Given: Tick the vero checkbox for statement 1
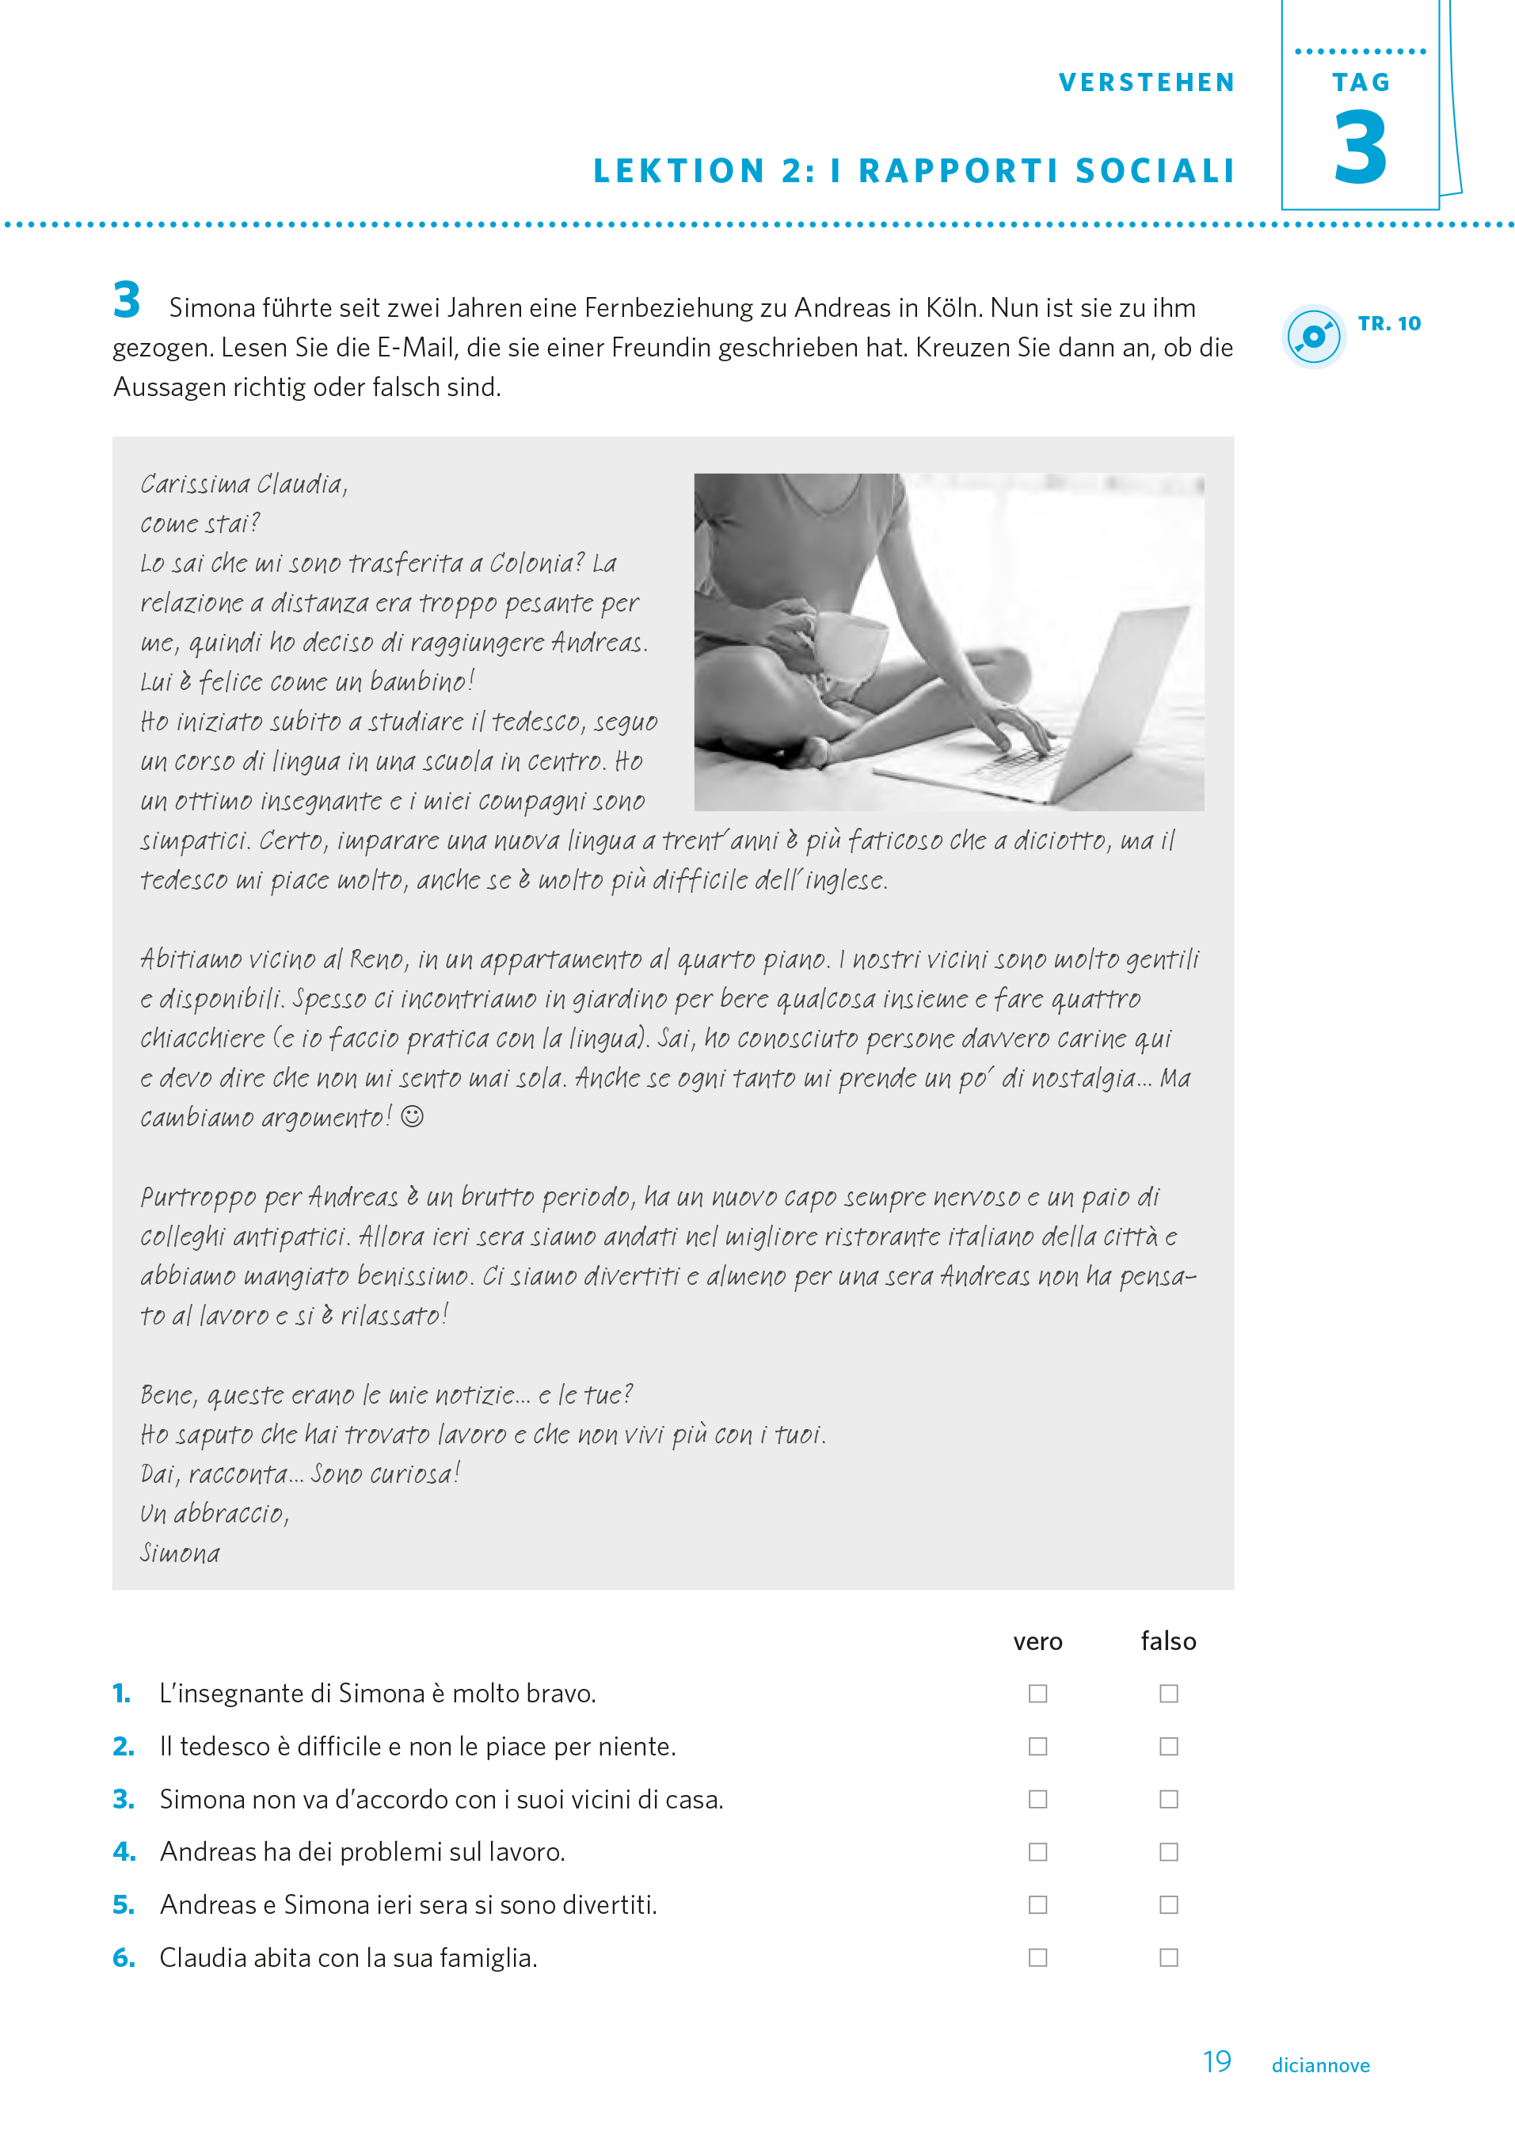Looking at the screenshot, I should pyautogui.click(x=1037, y=1694).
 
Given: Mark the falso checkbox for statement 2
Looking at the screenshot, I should pyautogui.click(x=1168, y=1747).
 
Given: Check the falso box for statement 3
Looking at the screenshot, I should pyautogui.click(x=1168, y=1799).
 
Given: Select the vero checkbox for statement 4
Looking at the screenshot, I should pyautogui.click(x=1037, y=1852).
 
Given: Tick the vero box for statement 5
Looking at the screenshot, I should pyautogui.click(x=1037, y=1904).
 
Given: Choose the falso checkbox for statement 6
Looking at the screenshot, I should pyautogui.click(x=1168, y=1957).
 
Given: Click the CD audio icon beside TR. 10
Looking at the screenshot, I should pyautogui.click(x=1314, y=336).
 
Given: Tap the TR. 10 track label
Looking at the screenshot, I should pyautogui.click(x=1389, y=324).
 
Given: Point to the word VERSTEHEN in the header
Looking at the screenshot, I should pyautogui.click(x=1147, y=83).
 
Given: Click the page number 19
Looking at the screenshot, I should pyautogui.click(x=1216, y=2062).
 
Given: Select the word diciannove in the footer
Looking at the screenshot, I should pyautogui.click(x=1320, y=2065).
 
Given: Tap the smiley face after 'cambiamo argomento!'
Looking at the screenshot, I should pyautogui.click(x=413, y=1116).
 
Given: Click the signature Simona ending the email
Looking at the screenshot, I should pyautogui.click(x=180, y=1553).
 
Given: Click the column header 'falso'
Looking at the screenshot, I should pyautogui.click(x=1168, y=1641).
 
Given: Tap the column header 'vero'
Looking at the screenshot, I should pyautogui.click(x=1037, y=1641).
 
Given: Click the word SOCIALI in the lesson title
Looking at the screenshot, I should pyautogui.click(x=1155, y=172).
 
